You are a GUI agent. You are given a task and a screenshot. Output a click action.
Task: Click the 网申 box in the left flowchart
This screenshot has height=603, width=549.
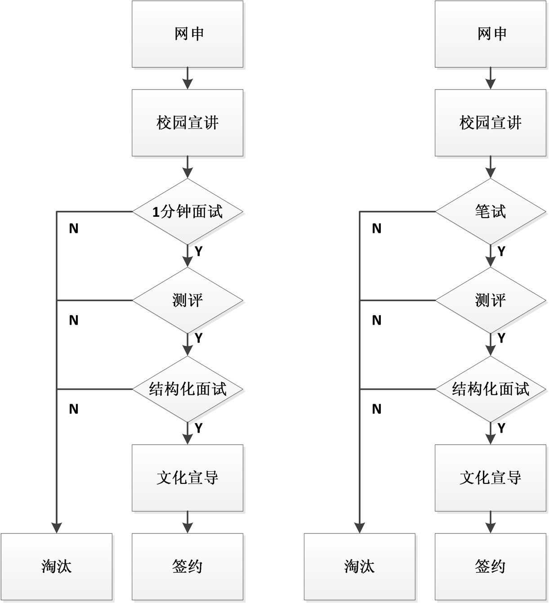pyautogui.click(x=187, y=34)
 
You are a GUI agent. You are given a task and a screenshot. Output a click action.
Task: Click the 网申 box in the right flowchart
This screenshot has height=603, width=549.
pyautogui.click(x=491, y=34)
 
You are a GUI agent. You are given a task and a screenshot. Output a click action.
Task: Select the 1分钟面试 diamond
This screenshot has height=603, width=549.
pyautogui.click(x=187, y=211)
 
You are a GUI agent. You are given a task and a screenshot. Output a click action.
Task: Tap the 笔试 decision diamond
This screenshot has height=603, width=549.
pyautogui.click(x=491, y=211)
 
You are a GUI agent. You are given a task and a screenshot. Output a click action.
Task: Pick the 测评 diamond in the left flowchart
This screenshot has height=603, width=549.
pyautogui.click(x=187, y=300)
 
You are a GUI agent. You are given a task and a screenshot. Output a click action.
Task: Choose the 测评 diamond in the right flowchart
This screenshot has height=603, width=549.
pyautogui.click(x=491, y=300)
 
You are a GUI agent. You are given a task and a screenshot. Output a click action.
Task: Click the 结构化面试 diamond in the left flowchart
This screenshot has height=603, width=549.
pyautogui.click(x=187, y=389)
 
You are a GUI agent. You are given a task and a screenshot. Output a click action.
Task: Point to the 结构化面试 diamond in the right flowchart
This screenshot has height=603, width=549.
pyautogui.click(x=491, y=389)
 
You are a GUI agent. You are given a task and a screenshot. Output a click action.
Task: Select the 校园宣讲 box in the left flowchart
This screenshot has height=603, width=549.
pyautogui.click(x=187, y=123)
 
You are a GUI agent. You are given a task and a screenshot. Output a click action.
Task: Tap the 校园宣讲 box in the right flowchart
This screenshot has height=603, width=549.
pyautogui.click(x=491, y=123)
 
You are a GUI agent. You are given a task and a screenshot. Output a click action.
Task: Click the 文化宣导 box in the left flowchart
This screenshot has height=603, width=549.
pyautogui.click(x=187, y=478)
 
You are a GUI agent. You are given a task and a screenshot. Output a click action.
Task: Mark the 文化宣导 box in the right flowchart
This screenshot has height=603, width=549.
pyautogui.click(x=491, y=478)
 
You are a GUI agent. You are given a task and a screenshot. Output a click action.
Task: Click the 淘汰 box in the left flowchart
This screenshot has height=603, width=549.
pyautogui.click(x=57, y=567)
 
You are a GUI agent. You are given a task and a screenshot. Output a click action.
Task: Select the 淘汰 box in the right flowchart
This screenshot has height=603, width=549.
pyautogui.click(x=360, y=567)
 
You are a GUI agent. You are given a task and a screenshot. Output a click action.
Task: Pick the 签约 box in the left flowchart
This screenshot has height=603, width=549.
pyautogui.click(x=187, y=567)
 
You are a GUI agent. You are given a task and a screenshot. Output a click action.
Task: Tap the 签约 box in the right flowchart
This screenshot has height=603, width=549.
pyautogui.click(x=491, y=567)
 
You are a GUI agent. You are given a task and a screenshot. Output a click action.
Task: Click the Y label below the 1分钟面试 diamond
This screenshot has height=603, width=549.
pyautogui.click(x=198, y=251)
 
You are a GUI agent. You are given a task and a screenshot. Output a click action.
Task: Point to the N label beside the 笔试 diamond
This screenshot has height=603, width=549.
pyautogui.click(x=377, y=228)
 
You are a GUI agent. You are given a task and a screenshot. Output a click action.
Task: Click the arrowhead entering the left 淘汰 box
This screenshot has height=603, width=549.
pyautogui.click(x=57, y=528)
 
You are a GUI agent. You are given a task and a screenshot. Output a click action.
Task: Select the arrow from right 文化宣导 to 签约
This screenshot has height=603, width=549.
pyautogui.click(x=491, y=522)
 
